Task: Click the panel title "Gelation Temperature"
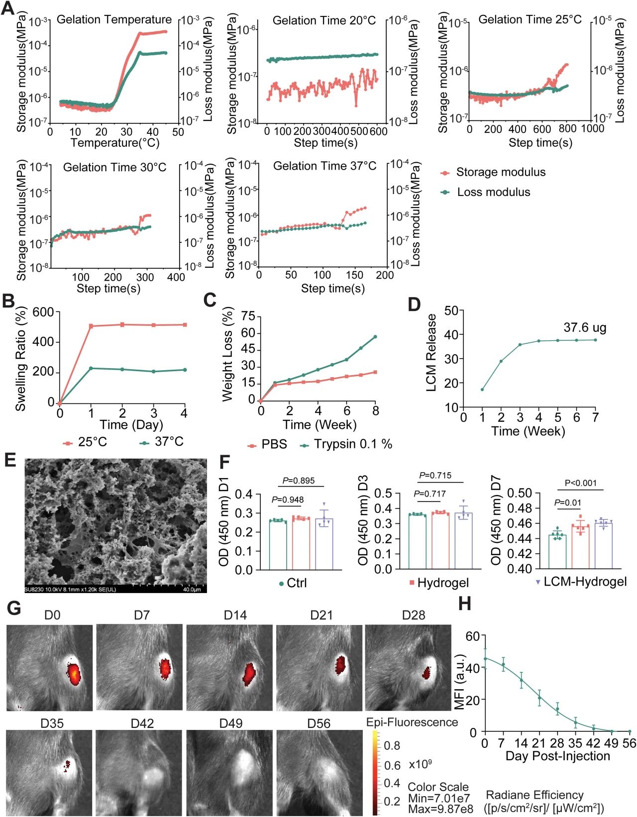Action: click(x=114, y=20)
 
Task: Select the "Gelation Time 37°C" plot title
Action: click(x=324, y=166)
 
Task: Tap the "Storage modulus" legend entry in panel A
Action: click(x=500, y=172)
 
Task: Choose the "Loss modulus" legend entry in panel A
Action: click(x=493, y=192)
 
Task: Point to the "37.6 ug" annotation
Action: click(x=585, y=328)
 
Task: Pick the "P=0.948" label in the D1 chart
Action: click(x=288, y=500)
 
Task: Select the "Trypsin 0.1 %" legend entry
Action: click(x=352, y=444)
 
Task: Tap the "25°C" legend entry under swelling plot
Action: click(x=92, y=442)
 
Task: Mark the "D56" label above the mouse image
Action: click(x=318, y=723)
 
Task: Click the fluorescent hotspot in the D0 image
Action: click(x=73, y=674)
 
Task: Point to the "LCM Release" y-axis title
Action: click(x=431, y=352)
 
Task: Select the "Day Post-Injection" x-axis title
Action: click(x=557, y=756)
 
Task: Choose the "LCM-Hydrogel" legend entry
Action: click(x=585, y=582)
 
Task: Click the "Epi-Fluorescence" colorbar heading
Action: click(x=412, y=722)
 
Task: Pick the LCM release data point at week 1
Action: click(x=482, y=389)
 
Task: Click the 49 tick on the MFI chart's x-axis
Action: click(x=611, y=743)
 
